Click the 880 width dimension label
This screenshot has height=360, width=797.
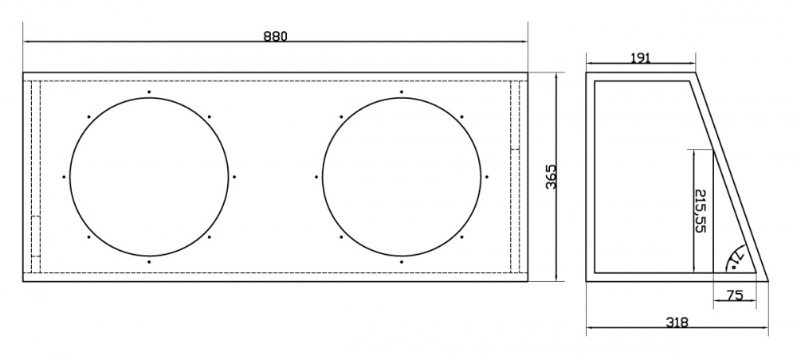[275, 36]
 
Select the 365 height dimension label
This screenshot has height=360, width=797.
[552, 176]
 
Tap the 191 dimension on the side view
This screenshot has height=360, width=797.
[641, 58]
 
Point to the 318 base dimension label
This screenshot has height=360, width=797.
[677, 322]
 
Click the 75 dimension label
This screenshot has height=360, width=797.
[735, 295]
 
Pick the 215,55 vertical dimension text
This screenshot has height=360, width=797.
[701, 211]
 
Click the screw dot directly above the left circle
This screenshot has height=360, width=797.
[149, 92]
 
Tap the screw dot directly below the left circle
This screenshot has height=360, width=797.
[149, 262]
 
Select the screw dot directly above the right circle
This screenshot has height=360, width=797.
[402, 92]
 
